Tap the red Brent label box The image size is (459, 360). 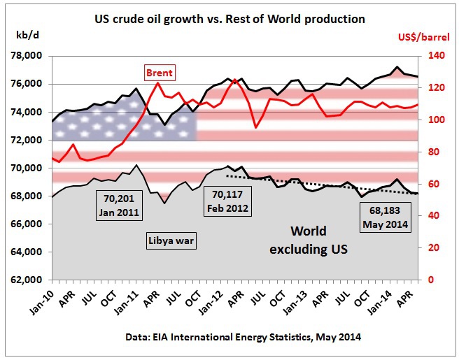point(159,72)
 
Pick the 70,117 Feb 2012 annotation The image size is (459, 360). point(226,202)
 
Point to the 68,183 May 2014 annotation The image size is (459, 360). point(385,219)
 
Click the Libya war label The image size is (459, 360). point(171,241)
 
